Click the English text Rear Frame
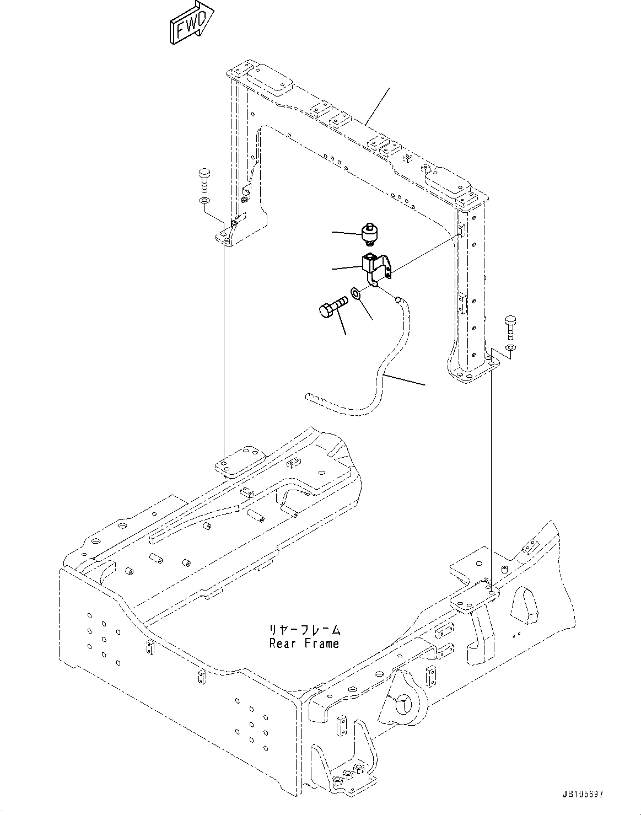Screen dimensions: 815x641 pos(304,643)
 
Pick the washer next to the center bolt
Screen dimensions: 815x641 pos(355,292)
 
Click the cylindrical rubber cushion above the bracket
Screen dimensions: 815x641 pos(369,234)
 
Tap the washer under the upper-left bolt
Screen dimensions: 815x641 pos(204,200)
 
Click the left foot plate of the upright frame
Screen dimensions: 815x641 pos(229,237)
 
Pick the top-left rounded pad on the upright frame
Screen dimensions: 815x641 pos(269,80)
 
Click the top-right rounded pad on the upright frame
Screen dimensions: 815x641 pos(449,182)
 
